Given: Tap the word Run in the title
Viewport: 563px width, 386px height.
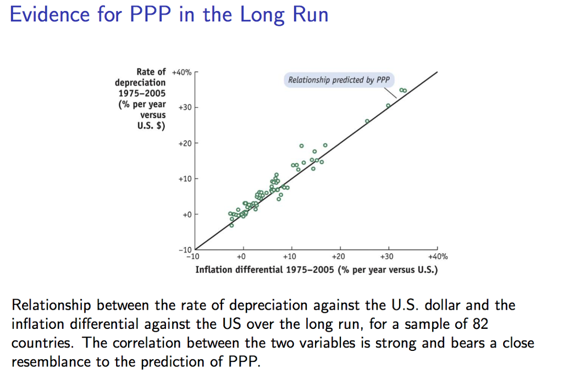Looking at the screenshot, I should pyautogui.click(x=310, y=15).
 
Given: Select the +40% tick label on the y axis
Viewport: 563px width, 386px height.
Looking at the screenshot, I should pyautogui.click(x=181, y=72).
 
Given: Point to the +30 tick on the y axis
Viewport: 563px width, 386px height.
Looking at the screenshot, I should pyautogui.click(x=185, y=108).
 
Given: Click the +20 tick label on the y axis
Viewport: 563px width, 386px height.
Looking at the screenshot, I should pyautogui.click(x=185, y=143).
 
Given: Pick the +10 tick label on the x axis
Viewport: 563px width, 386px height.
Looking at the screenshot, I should pyautogui.click(x=290, y=256).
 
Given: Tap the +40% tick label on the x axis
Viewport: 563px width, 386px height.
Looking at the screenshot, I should pyautogui.click(x=438, y=256).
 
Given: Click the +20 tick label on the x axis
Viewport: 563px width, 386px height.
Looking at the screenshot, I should pyautogui.click(x=339, y=256).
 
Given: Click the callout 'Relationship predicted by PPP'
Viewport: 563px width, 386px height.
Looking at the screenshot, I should pyautogui.click(x=339, y=80).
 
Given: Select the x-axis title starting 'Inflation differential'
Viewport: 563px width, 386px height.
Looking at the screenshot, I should pyautogui.click(x=316, y=270).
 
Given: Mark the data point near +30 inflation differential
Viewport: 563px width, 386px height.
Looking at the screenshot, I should pyautogui.click(x=388, y=105).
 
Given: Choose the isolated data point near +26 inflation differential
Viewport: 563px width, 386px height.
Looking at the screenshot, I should pyautogui.click(x=367, y=121).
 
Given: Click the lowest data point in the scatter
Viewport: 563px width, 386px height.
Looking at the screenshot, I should pyautogui.click(x=231, y=225).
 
